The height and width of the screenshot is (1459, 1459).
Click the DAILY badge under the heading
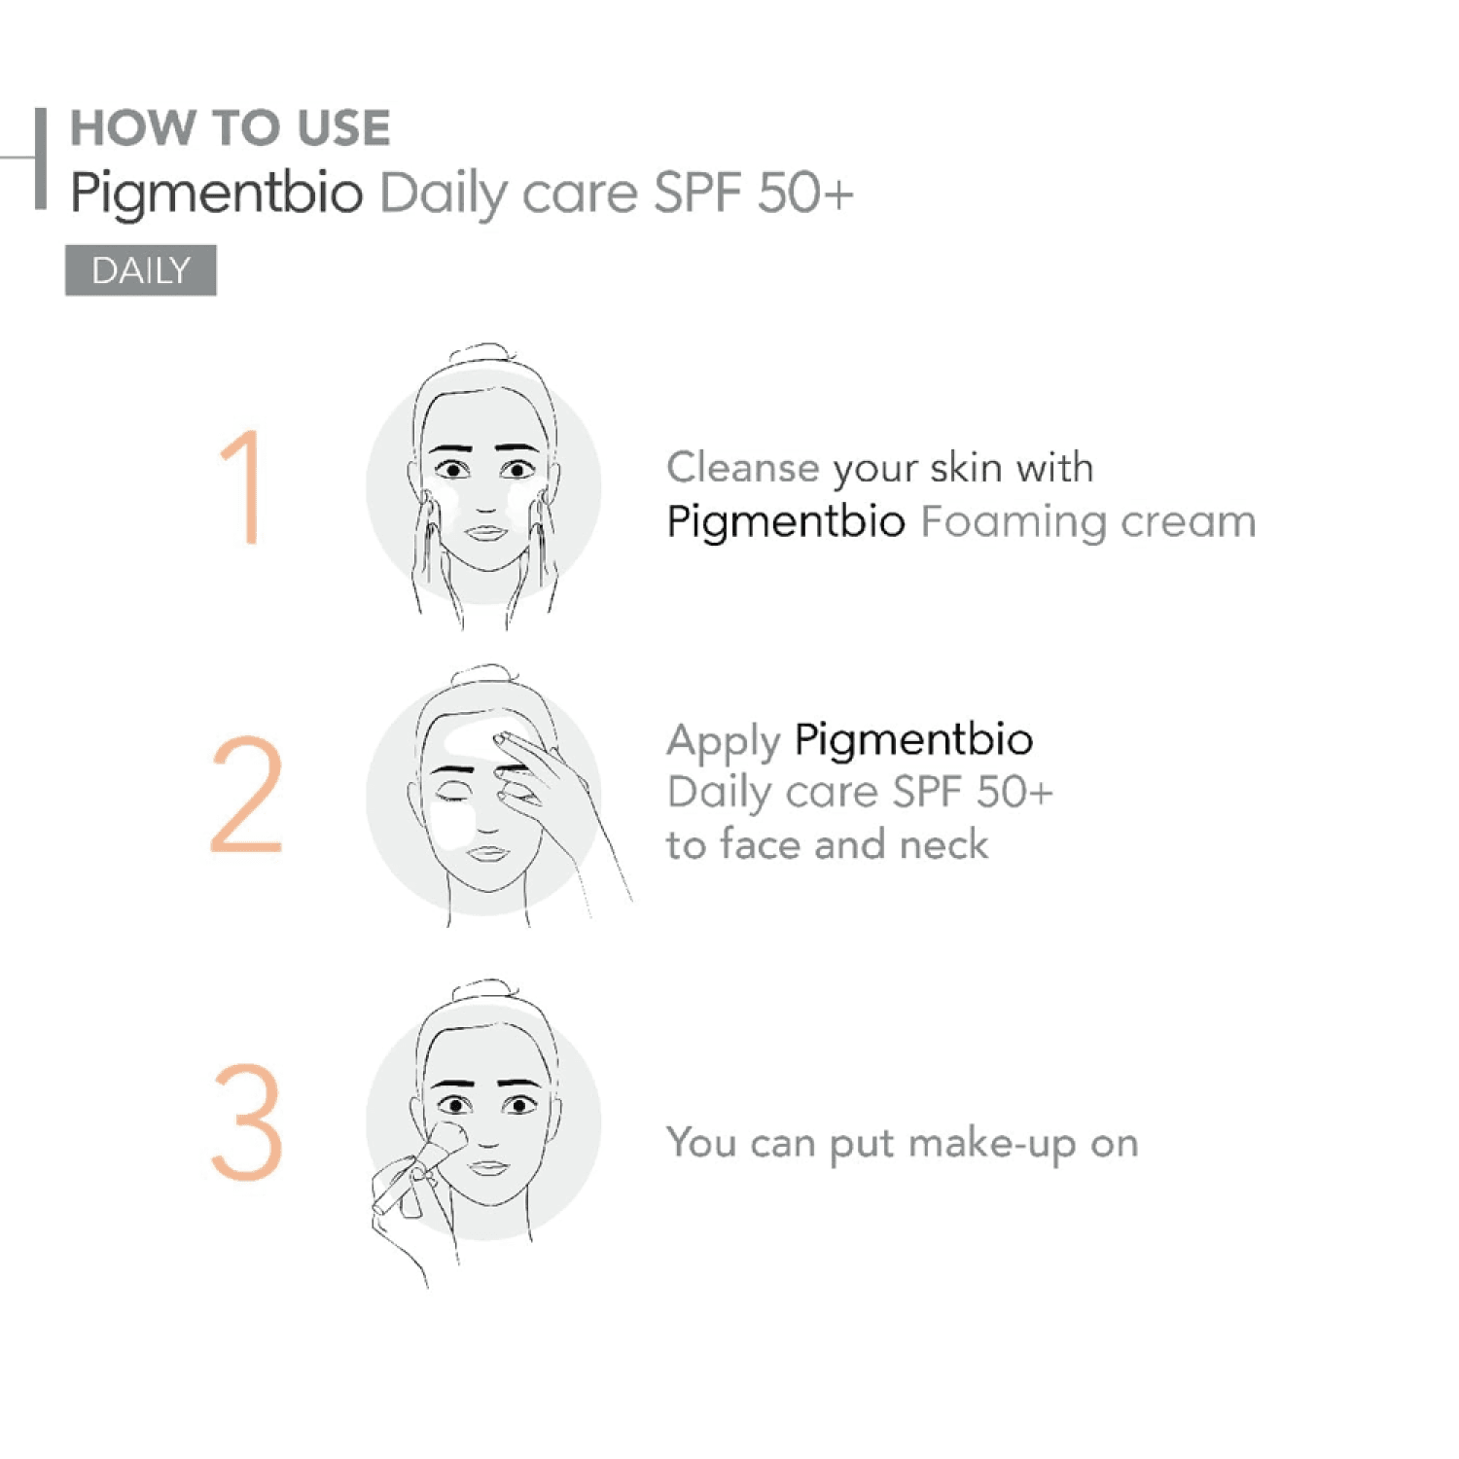(141, 270)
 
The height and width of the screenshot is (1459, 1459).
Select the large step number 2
(247, 795)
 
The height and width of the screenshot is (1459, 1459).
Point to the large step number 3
(247, 1121)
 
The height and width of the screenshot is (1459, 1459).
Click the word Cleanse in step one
(743, 468)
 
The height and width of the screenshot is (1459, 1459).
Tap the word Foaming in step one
(1014, 522)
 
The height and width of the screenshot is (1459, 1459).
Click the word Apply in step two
(724, 743)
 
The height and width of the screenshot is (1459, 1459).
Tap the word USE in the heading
(343, 128)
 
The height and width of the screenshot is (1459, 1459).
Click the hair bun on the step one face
(483, 353)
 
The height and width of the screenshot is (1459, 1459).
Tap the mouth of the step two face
(487, 853)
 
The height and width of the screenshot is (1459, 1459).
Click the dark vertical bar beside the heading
(41, 158)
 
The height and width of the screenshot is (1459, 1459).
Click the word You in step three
(701, 1142)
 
